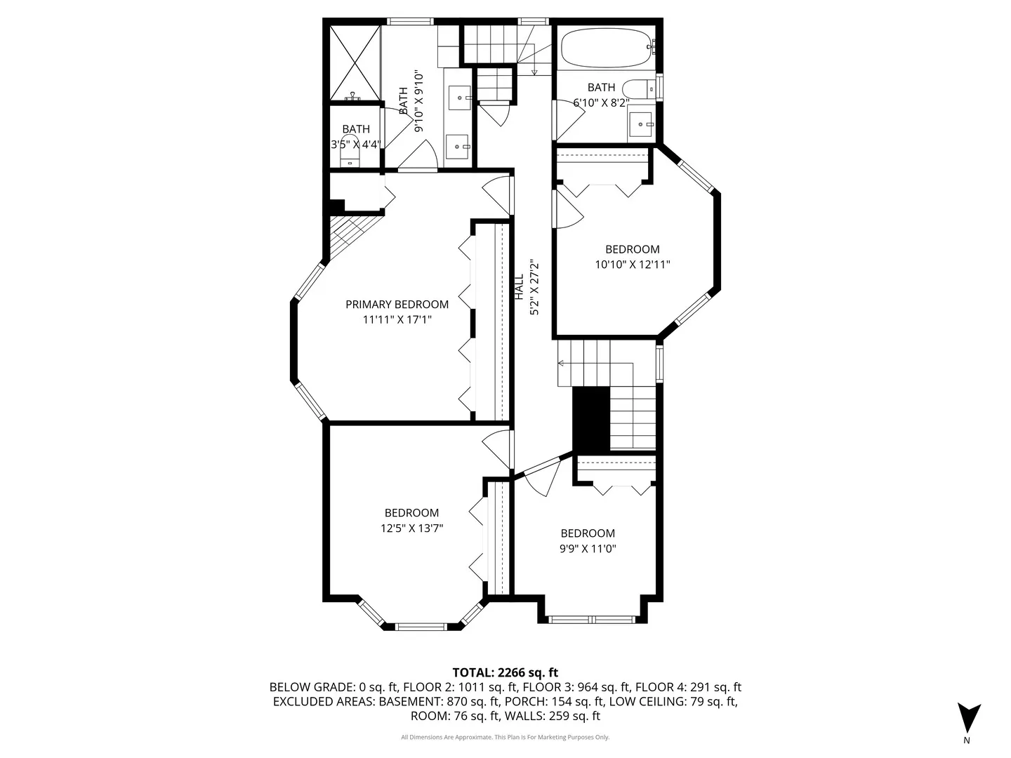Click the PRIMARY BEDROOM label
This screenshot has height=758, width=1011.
coord(397,304)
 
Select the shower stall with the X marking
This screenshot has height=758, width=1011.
coord(355,62)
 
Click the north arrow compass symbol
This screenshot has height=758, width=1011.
coord(969,717)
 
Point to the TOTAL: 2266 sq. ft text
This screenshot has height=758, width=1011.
coord(505,672)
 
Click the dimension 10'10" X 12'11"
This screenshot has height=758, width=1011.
coord(632,265)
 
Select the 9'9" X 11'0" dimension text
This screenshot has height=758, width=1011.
coord(588,549)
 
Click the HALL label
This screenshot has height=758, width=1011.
coord(520,288)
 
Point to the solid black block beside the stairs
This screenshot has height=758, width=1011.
coord(590,420)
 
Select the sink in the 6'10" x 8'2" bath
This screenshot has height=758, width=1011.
coord(640,124)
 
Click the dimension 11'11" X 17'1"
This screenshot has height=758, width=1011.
coord(397,320)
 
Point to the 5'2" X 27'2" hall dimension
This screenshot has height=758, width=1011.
coord(534,288)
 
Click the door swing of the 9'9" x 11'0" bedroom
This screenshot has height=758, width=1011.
coord(541,477)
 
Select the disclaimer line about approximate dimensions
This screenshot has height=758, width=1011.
coord(505,737)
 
